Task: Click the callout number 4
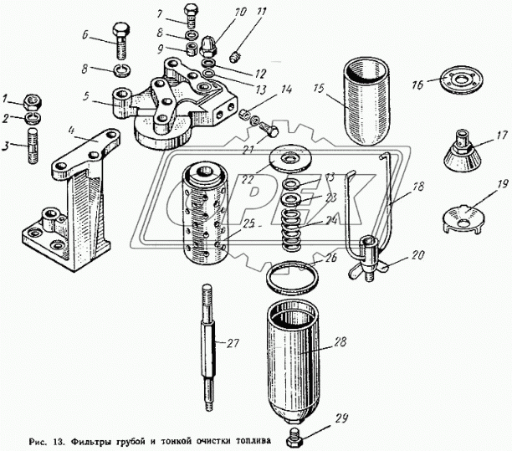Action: click(x=72, y=131)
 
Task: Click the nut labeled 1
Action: click(x=31, y=102)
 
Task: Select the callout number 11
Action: click(x=238, y=12)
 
